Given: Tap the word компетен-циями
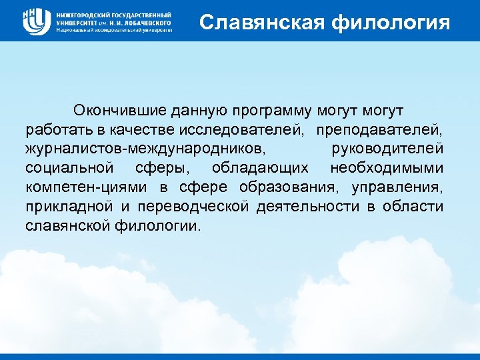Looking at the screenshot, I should coord(88,186).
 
